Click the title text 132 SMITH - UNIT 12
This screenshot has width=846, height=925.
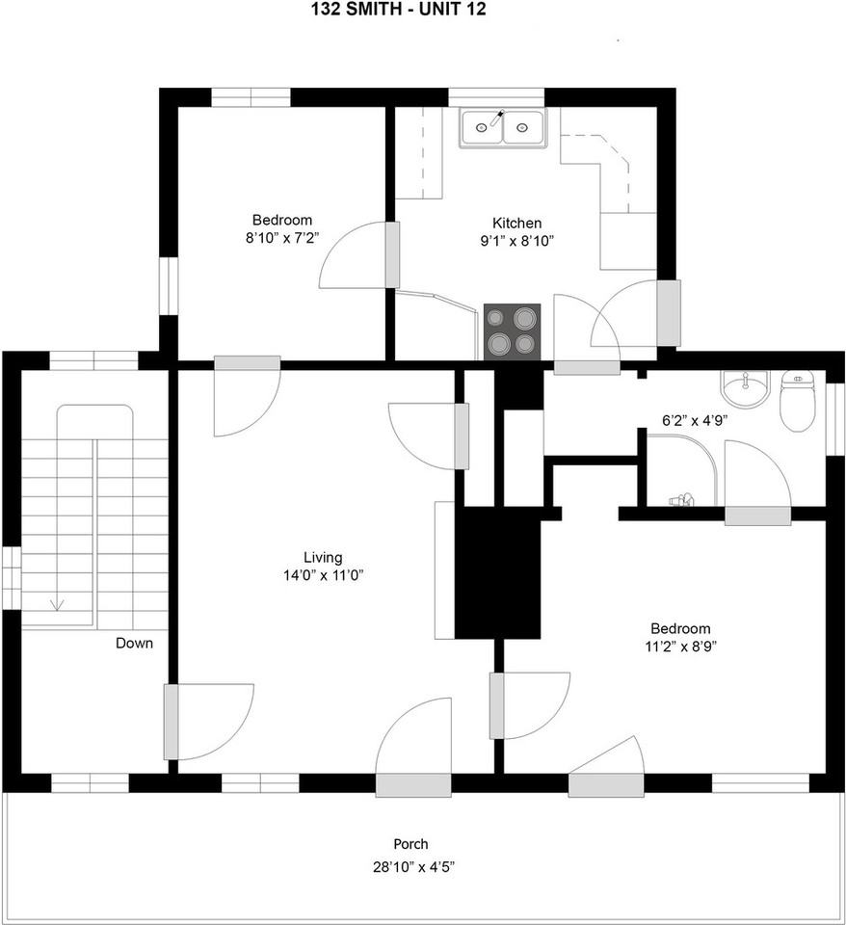pyautogui.click(x=398, y=10)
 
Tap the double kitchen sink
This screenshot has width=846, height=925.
pyautogui.click(x=503, y=127)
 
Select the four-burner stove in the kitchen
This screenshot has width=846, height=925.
pyautogui.click(x=512, y=331)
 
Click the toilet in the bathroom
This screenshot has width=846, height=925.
pyautogui.click(x=797, y=401)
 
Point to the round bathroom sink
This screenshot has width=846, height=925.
pyautogui.click(x=745, y=389)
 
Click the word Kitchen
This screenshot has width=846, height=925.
pyautogui.click(x=516, y=223)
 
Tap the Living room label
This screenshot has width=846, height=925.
pyautogui.click(x=323, y=558)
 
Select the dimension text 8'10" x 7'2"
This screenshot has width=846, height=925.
pyautogui.click(x=282, y=238)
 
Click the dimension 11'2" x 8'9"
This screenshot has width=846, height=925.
pyautogui.click(x=680, y=646)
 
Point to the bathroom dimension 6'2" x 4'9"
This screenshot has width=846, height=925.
pyautogui.click(x=695, y=421)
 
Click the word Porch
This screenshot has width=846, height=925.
pyautogui.click(x=410, y=844)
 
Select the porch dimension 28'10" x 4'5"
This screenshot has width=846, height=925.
pyautogui.click(x=413, y=867)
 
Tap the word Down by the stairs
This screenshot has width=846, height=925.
pyautogui.click(x=134, y=643)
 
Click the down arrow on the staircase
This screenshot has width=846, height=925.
pyautogui.click(x=58, y=604)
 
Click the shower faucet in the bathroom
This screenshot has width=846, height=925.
pyautogui.click(x=681, y=500)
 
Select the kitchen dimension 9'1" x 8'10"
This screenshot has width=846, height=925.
pyautogui.click(x=516, y=241)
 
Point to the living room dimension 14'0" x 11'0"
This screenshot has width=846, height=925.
pyautogui.click(x=323, y=575)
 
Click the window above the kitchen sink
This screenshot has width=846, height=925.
pyautogui.click(x=495, y=97)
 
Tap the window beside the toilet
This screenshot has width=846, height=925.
pyautogui.click(x=834, y=419)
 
